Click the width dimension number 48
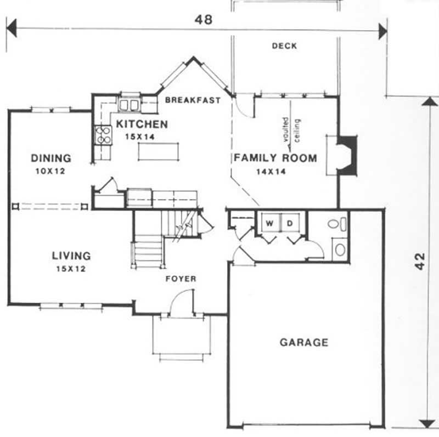204,19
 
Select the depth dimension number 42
420,262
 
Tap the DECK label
284,46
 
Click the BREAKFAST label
193,100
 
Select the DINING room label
50,158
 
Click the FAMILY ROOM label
275,158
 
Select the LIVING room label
71,256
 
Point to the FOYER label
181,279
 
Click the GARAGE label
304,343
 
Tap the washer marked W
269,223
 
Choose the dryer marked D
289,223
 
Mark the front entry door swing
181,303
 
